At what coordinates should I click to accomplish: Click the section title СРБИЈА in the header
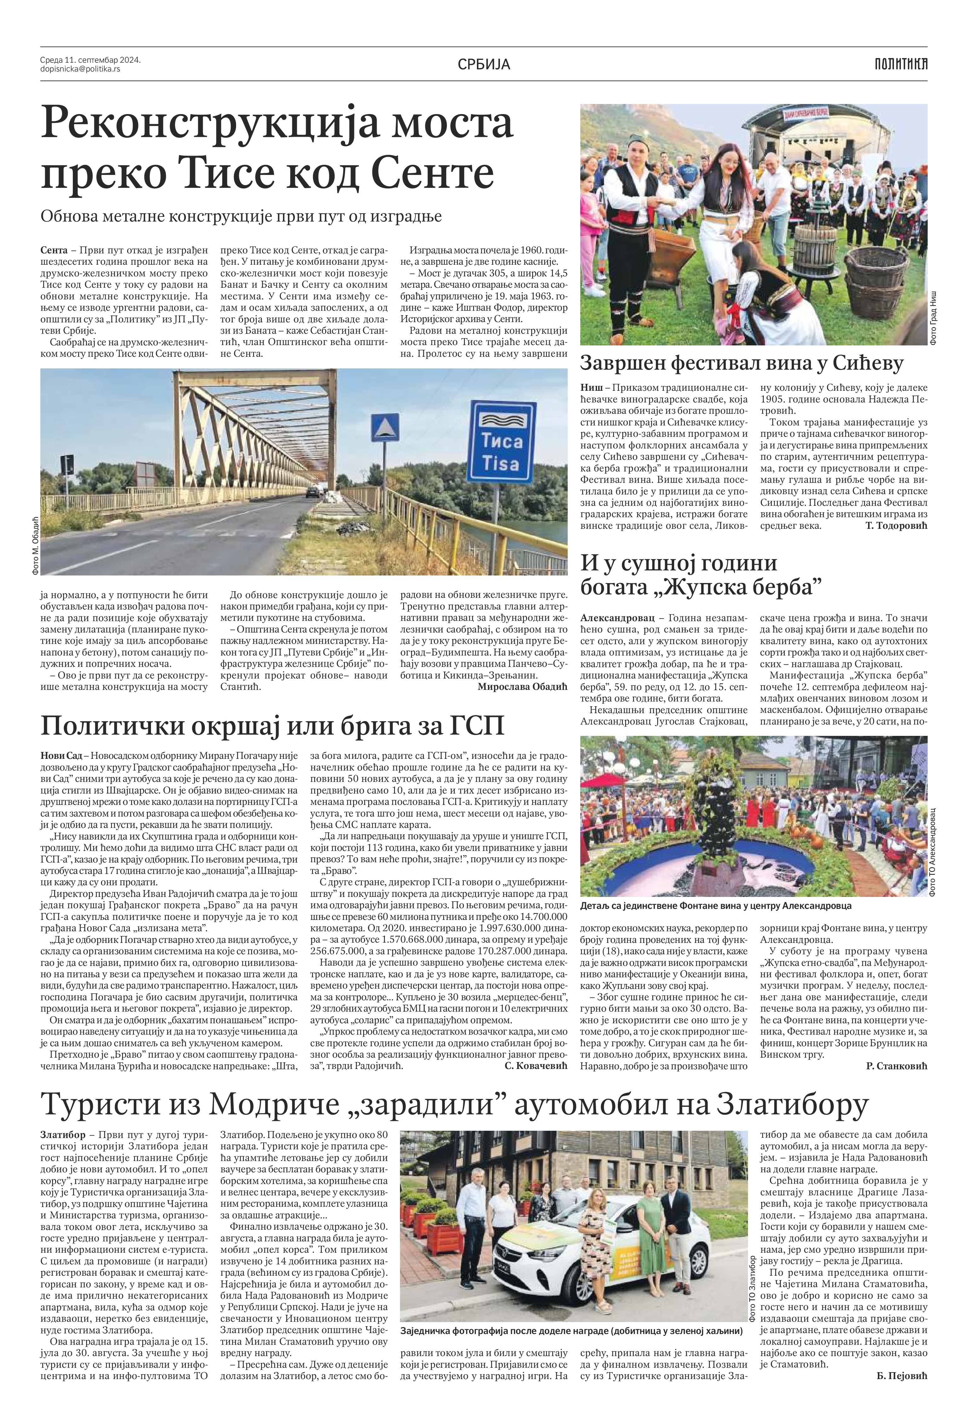click(484, 64)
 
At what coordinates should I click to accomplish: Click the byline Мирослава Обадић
click(522, 687)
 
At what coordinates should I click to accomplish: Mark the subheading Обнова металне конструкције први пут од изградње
click(241, 216)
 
